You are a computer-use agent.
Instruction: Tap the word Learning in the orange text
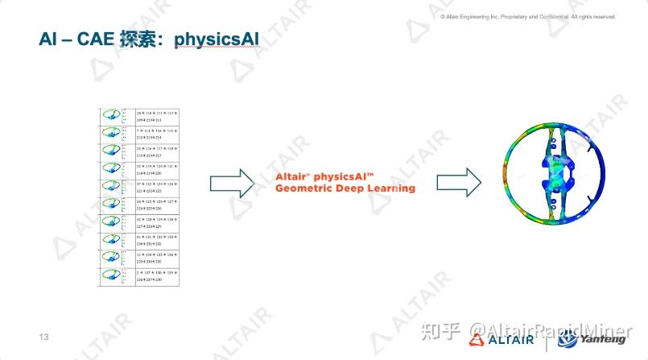point(390,188)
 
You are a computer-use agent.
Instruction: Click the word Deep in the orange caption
point(349,188)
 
